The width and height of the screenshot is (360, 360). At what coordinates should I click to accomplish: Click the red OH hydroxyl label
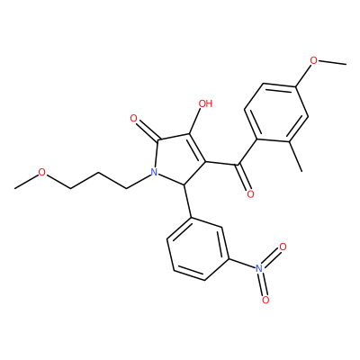pos(205,103)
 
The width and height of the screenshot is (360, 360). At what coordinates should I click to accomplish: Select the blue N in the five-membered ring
pos(154,172)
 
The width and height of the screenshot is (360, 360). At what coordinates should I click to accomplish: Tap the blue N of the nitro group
pos(258,268)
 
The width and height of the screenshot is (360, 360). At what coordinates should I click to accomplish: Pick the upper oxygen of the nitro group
pos(283,247)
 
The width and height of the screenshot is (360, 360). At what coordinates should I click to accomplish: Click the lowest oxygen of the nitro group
pos(265,300)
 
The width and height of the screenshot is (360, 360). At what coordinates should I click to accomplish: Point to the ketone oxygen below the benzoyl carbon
pos(250,194)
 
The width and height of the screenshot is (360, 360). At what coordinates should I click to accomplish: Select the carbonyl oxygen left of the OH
pos(134,119)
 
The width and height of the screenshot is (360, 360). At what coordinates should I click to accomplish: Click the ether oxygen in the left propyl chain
pos(42,173)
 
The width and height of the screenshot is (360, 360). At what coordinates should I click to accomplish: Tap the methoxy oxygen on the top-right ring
pos(313,60)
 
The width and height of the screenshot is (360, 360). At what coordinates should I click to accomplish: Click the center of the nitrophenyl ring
pos(198,248)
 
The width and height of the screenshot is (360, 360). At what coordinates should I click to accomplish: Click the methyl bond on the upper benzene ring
pos(296,157)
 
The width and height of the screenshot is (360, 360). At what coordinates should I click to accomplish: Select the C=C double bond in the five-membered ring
pos(197,148)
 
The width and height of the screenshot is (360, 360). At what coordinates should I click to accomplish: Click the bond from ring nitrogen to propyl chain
pos(138,182)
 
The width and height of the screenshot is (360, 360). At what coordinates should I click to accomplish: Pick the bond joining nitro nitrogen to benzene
pos(242,263)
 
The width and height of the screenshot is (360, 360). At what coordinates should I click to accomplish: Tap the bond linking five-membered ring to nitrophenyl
pos(187,202)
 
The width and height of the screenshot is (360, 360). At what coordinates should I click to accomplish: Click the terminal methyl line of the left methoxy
pos(26,181)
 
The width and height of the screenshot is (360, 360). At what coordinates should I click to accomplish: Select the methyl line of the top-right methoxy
pos(332,62)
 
